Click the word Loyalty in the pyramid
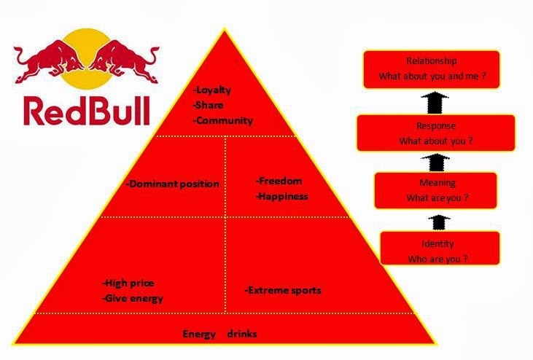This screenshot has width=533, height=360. pyautogui.click(x=212, y=90)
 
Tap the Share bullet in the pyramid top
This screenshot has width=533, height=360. pyautogui.click(x=208, y=105)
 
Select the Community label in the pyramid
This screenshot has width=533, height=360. pyautogui.click(x=223, y=120)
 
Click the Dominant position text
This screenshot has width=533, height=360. pyautogui.click(x=173, y=184)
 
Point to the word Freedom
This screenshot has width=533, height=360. pyautogui.click(x=279, y=181)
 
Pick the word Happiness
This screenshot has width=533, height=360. pyautogui.click(x=282, y=196)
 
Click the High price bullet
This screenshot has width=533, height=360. pyautogui.click(x=128, y=283)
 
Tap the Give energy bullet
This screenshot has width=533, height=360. pyautogui.click(x=133, y=299)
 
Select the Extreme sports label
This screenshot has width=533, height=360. pyautogui.click(x=283, y=291)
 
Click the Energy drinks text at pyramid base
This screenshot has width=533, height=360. pyautogui.click(x=219, y=334)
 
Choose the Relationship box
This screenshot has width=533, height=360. pyautogui.click(x=432, y=69)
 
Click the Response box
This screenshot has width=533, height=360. pyautogui.click(x=436, y=133)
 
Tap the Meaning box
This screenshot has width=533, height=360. pyautogui.click(x=436, y=190)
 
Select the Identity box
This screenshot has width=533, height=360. pyautogui.click(x=440, y=248)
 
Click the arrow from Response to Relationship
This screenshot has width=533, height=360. pyautogui.click(x=435, y=102)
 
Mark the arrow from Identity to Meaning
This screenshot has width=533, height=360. pyautogui.click(x=439, y=222)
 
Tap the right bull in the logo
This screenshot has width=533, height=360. pyautogui.click(x=124, y=61)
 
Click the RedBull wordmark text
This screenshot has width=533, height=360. pyautogui.click(x=87, y=111)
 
